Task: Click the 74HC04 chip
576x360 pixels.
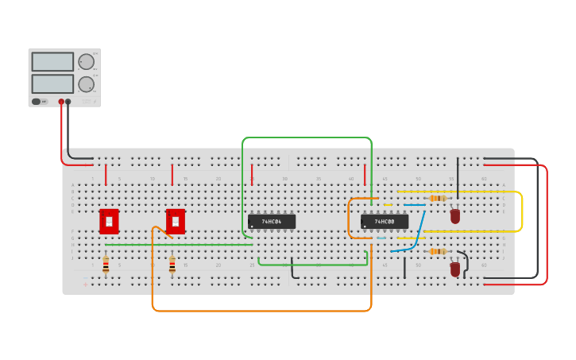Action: point(272,222)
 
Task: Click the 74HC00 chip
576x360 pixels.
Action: point(385,222)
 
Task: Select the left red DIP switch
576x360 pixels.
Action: point(109,222)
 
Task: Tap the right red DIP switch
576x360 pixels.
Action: point(176,222)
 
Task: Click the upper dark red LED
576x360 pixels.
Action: point(455,215)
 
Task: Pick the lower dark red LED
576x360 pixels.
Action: point(455,269)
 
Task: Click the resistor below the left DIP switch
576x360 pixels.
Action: point(106,265)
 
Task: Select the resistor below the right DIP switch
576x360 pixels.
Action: point(172,265)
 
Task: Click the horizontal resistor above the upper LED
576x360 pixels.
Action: point(436,198)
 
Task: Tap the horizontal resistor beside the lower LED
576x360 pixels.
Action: point(436,251)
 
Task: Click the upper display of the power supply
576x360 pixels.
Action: point(52,62)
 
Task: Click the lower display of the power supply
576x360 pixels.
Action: point(52,83)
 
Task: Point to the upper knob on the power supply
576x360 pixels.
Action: point(86,62)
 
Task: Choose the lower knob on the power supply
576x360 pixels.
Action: point(86,84)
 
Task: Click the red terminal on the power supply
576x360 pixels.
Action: point(61,102)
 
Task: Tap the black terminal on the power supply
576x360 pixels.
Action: point(68,102)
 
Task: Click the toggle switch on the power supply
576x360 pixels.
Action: point(37,102)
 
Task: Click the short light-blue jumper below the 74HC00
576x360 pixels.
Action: point(381,238)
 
